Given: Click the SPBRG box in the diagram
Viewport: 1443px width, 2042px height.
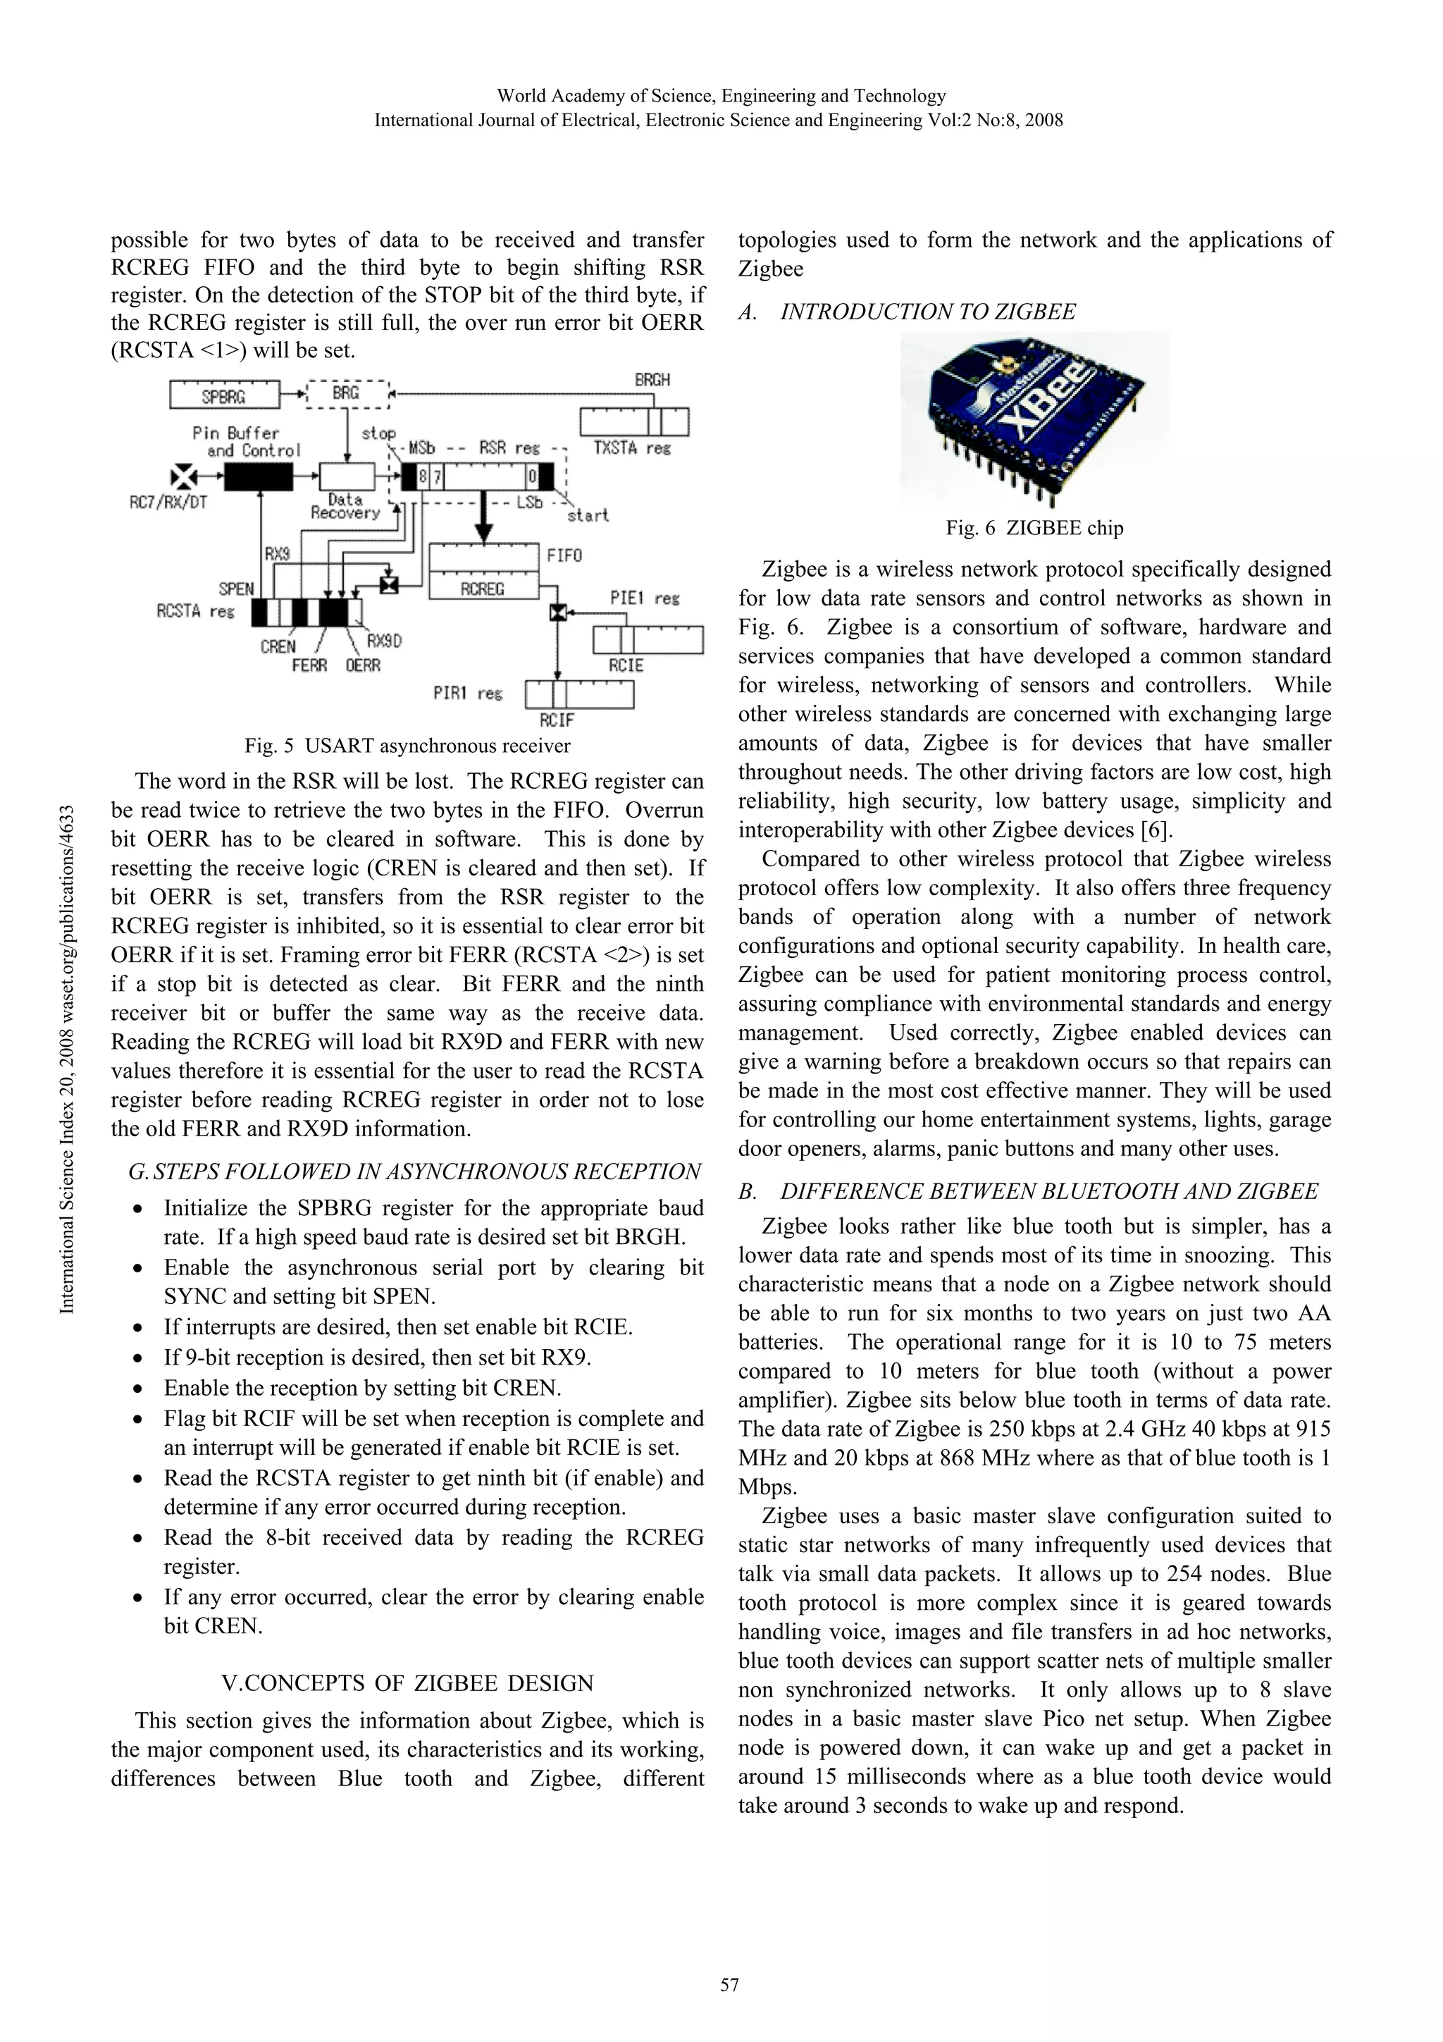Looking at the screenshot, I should pos(223,394).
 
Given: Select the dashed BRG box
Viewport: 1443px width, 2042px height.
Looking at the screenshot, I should pos(347,393).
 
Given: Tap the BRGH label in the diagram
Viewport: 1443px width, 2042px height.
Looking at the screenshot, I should pos(652,380).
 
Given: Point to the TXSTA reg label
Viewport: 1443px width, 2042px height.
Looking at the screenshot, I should pos(631,448).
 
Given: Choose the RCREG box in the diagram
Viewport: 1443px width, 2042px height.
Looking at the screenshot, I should pos(483,588).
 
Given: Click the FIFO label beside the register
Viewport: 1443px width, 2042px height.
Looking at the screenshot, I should pos(564,556).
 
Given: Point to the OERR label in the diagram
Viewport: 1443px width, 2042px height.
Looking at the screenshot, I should pos(363,665).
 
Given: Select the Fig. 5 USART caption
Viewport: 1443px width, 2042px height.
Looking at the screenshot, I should pos(407,745).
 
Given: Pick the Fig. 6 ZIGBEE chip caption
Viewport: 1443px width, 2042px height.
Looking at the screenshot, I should pos(1034,528).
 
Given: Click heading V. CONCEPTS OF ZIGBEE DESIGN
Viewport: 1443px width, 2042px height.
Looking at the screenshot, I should pos(407,1684).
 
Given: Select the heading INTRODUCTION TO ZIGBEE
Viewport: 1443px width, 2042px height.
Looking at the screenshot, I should pos(927,312).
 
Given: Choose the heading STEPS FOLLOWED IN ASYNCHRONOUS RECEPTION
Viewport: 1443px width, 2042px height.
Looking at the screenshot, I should pos(414,1172).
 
